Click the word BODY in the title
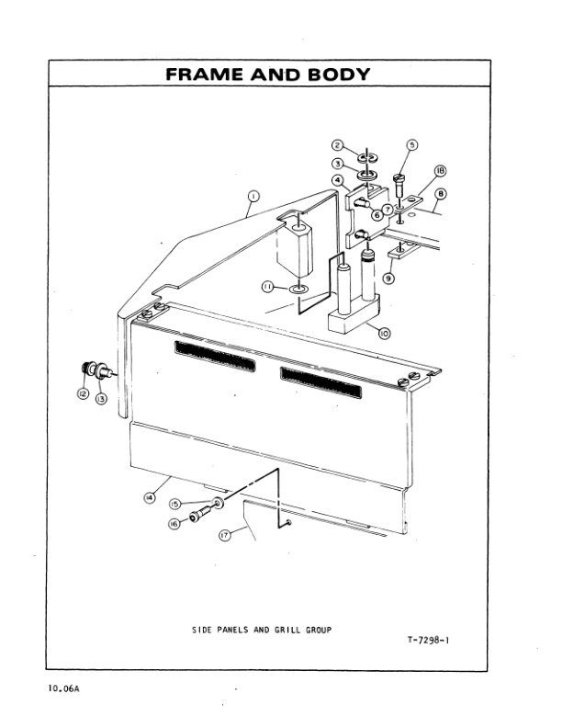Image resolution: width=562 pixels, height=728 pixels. tap(335, 74)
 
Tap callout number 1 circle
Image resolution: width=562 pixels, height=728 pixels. tap(253, 195)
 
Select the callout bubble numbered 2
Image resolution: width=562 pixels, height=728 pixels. tap(338, 146)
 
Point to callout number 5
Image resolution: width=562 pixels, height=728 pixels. tap(411, 145)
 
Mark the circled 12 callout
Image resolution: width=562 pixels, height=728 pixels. tap(82, 392)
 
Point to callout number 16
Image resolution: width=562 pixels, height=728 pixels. tap(174, 523)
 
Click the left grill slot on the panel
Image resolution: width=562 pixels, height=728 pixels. tap(215, 353)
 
